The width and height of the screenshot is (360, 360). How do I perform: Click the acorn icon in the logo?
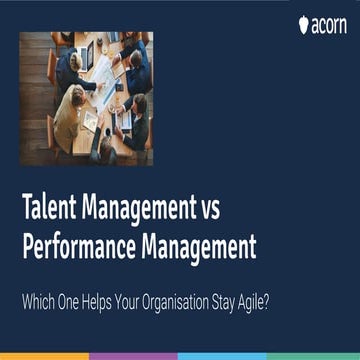point(304,24)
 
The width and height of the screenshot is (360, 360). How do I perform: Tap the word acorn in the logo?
point(330,24)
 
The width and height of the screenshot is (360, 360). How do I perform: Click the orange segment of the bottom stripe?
point(45,355)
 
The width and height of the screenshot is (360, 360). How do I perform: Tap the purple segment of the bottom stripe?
point(134,355)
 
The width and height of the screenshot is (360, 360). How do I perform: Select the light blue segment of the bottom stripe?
point(224,355)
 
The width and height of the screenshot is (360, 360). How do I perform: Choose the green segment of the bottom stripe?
point(314,355)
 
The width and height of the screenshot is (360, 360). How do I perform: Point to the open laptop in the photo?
point(122,120)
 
